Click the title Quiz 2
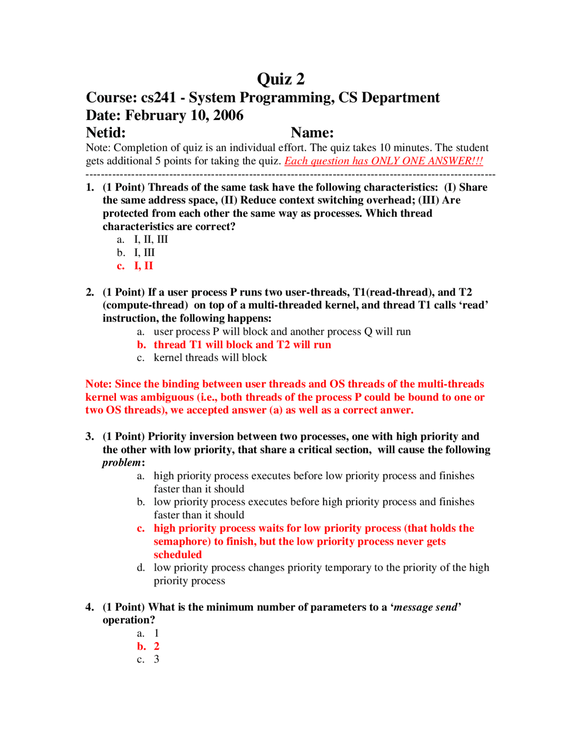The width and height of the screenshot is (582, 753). (281, 79)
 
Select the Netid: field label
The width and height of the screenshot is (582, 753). (106, 133)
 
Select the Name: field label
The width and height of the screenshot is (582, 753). (312, 133)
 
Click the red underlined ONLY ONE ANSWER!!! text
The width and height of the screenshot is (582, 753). (427, 161)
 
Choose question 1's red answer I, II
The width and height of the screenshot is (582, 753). (143, 266)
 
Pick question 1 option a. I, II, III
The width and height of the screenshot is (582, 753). (151, 240)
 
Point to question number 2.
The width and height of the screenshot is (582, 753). (90, 292)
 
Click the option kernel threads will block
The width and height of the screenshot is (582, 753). (210, 358)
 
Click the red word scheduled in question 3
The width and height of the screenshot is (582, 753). (177, 555)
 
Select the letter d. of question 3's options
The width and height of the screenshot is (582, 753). (141, 568)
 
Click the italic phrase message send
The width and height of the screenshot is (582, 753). (425, 607)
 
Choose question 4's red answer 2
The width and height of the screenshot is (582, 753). (156, 647)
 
